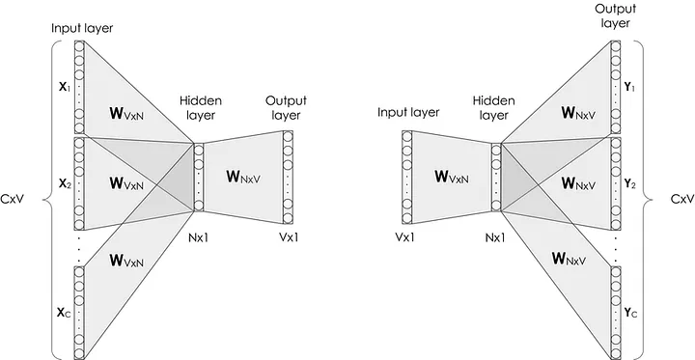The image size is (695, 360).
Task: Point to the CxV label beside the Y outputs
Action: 679,200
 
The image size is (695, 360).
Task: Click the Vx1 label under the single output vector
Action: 290,235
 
